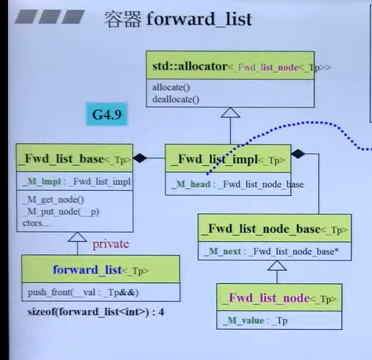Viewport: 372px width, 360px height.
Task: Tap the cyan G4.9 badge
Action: (106, 114)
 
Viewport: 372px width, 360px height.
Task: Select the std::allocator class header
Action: (230, 67)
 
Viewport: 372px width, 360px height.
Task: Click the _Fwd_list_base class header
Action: (74, 159)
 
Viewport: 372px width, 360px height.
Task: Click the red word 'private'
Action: (111, 244)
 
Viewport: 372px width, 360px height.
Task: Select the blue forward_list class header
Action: (100, 270)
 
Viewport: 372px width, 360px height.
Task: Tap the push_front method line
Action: (83, 292)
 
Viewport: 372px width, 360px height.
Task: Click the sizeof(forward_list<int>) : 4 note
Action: (95, 312)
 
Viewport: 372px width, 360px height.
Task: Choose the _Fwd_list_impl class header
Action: (228, 159)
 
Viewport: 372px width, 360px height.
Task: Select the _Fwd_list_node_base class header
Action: (274, 229)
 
